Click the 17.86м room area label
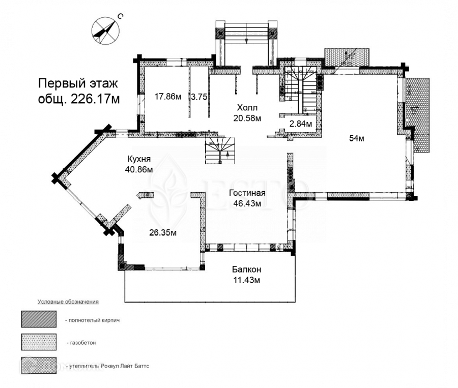tap(168, 97)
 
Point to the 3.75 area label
tap(198, 97)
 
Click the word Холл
tap(247, 108)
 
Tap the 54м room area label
tap(356, 138)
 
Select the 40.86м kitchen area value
tap(139, 169)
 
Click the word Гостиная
tap(247, 193)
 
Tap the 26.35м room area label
tap(163, 233)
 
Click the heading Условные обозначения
tap(68, 302)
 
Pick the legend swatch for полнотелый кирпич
tap(39, 319)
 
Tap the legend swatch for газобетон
tap(39, 342)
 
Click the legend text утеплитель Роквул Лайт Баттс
tap(107, 366)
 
